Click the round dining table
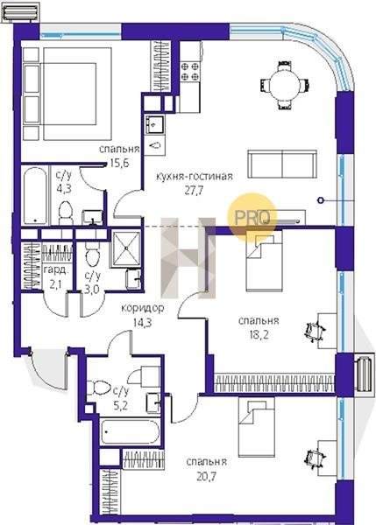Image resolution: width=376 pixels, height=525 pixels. point(284,85)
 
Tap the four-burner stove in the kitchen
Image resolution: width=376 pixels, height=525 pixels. point(190,72)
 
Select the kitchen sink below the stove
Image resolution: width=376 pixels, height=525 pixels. point(154,125)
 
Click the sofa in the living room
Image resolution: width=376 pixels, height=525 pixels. point(282,164)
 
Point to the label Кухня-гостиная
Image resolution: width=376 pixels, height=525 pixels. point(195,176)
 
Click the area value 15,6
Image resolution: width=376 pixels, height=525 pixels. point(120,163)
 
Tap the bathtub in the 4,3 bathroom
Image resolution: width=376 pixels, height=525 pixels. point(36,196)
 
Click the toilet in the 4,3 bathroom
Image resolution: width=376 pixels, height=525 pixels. point(66,213)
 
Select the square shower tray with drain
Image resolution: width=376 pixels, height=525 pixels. point(126,248)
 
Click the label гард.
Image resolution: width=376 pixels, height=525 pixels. point(54,270)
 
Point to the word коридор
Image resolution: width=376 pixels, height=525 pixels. point(143,308)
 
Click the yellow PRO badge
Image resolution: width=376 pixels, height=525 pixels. point(252,217)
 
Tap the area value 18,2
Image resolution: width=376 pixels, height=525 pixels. point(259,335)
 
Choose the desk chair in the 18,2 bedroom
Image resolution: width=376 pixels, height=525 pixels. point(315,331)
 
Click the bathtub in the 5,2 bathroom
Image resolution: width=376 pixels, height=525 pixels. point(130,431)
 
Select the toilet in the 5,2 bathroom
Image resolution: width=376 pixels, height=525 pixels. point(99,388)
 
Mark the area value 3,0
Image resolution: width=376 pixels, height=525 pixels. point(91,289)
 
